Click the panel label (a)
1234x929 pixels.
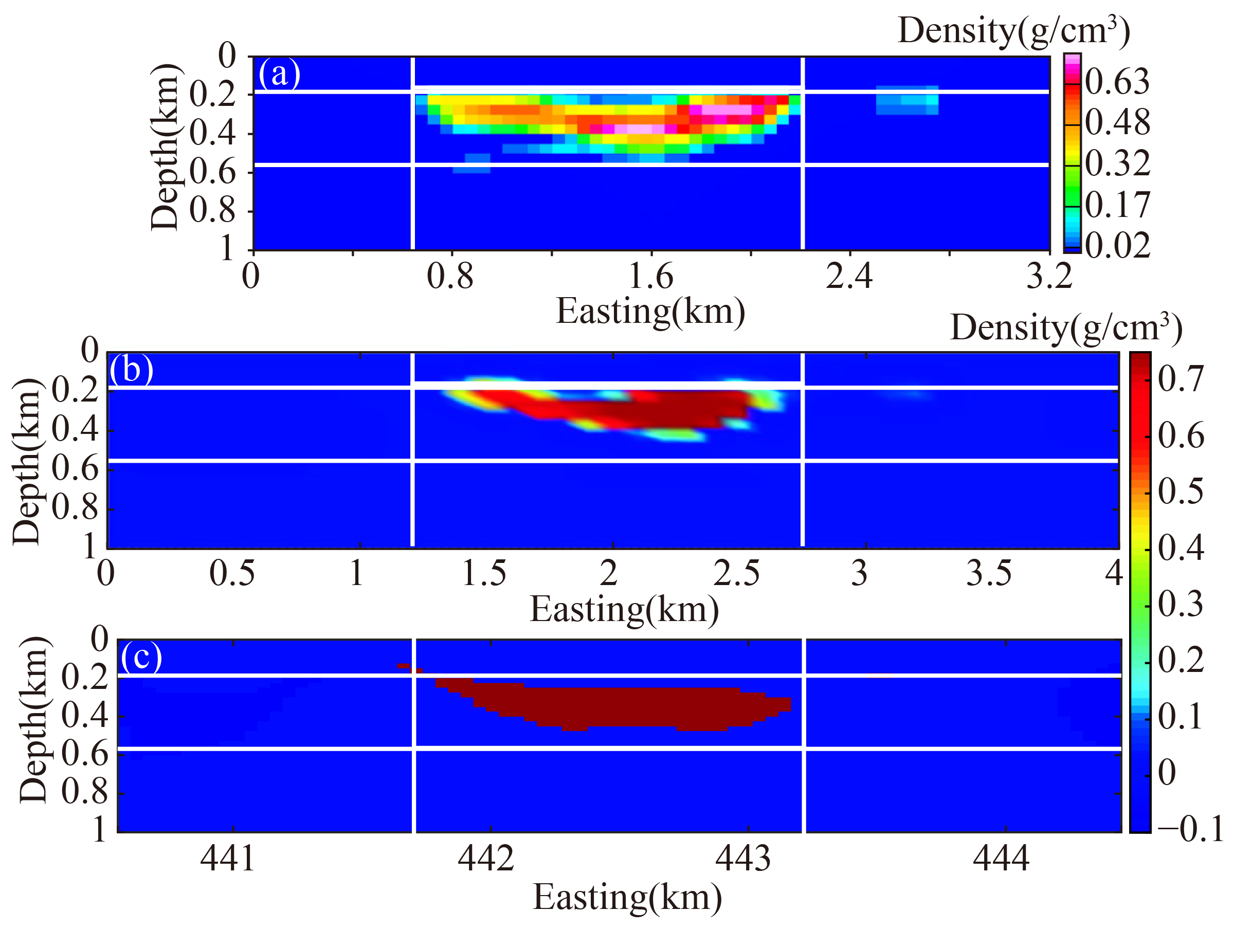tap(279, 74)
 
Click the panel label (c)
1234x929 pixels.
tap(141, 657)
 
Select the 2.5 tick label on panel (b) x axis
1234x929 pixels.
tap(736, 573)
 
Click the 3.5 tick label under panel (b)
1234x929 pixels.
tap(989, 573)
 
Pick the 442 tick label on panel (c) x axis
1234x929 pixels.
tap(485, 858)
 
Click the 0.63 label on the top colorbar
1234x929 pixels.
tap(1117, 83)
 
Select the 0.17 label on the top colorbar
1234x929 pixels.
tap(1117, 205)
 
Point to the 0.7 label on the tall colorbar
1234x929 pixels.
tap(1181, 379)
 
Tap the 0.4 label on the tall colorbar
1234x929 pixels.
tap(1181, 549)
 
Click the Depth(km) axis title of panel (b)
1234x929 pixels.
tap(27, 462)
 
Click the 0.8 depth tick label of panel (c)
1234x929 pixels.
tap(84, 791)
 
